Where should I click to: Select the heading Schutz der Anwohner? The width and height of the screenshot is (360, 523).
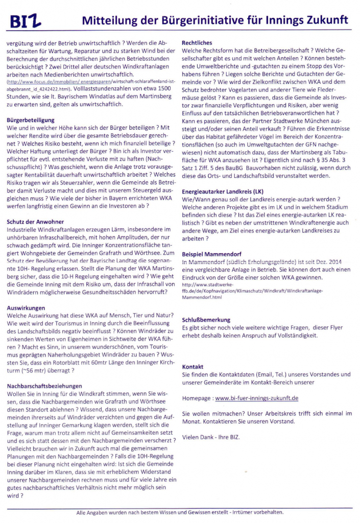point(36,221)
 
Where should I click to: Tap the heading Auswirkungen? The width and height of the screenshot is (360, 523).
point(26,308)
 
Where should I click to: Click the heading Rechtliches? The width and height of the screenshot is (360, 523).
point(197,43)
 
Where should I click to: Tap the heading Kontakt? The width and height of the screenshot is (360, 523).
point(193,366)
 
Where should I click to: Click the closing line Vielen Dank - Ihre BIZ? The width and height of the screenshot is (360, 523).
point(210,437)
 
